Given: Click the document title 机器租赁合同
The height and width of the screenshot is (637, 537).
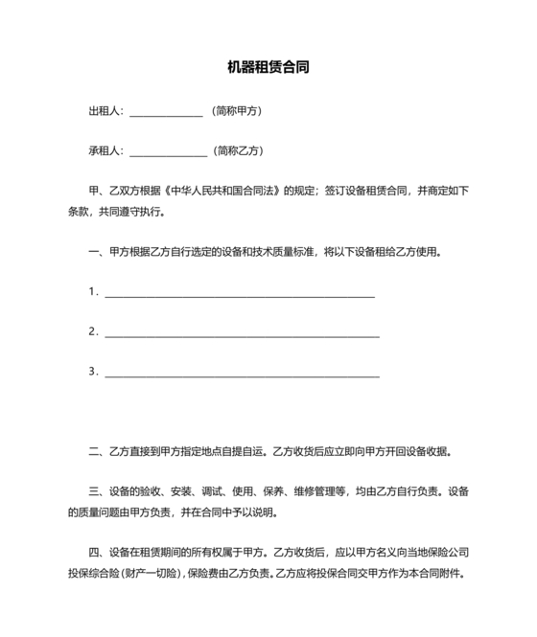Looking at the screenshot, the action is pyautogui.click(x=268, y=68).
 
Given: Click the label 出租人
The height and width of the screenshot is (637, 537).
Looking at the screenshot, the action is pyautogui.click(x=105, y=111).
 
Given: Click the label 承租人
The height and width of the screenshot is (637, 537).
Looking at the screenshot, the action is pyautogui.click(x=105, y=150).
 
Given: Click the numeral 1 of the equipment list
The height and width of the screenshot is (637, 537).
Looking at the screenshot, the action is pyautogui.click(x=92, y=291).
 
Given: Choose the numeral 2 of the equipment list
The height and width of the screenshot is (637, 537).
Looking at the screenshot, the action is pyautogui.click(x=92, y=331).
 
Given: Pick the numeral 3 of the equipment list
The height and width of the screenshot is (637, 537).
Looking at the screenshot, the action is pyautogui.click(x=92, y=371).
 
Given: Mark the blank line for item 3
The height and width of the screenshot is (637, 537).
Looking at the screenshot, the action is pyautogui.click(x=242, y=375).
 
